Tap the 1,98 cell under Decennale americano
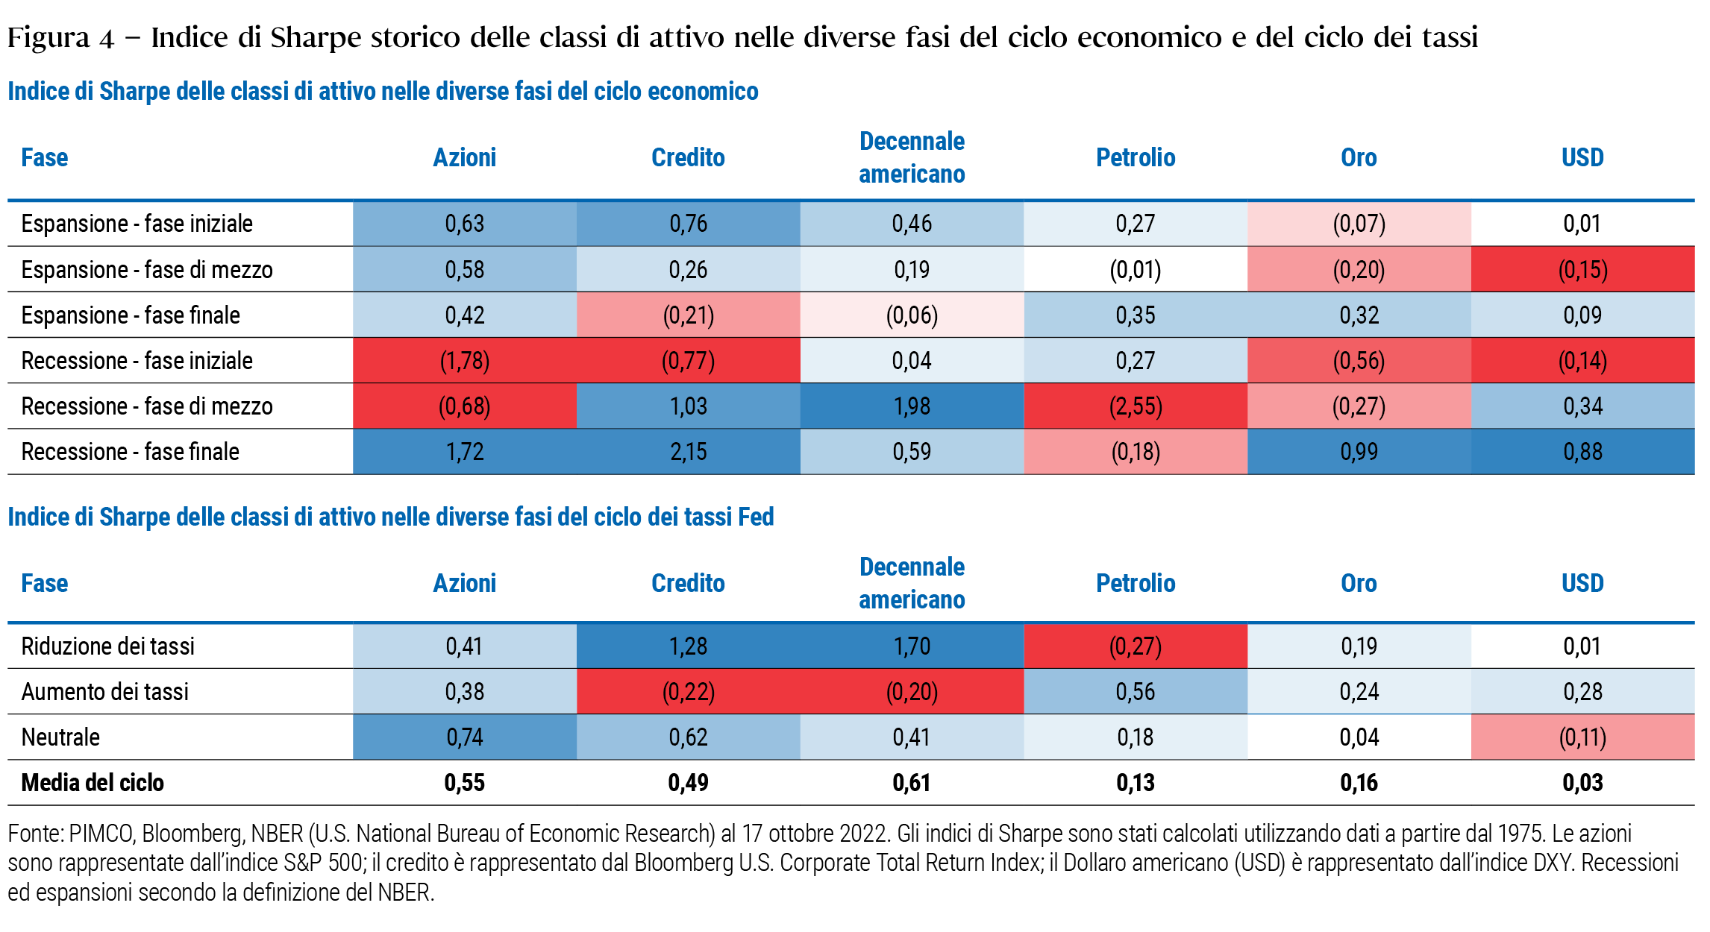pos(912,406)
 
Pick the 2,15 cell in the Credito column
pos(688,452)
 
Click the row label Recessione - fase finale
pos(131,452)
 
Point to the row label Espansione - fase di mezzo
pos(147,270)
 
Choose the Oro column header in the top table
pos(1359,158)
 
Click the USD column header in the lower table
pos(1582,583)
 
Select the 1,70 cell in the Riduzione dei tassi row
pos(912,646)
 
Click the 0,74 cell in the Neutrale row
pos(465,737)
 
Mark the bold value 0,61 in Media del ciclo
pos(911,783)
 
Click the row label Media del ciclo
pos(93,783)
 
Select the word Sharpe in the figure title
pos(316,37)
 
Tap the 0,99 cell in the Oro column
pos(1359,452)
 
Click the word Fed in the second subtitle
pos(756,517)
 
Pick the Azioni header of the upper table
pos(464,158)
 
